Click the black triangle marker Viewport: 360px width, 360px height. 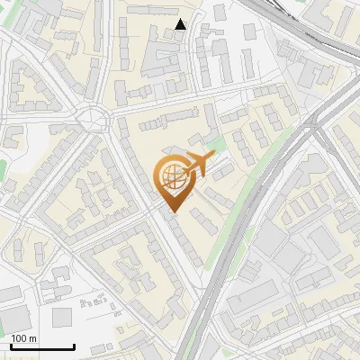(181, 24)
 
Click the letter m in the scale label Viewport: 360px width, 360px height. (32, 338)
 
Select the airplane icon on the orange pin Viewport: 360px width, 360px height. (197, 166)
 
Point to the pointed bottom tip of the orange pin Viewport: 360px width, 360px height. (171, 212)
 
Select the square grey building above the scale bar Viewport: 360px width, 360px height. (62, 317)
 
